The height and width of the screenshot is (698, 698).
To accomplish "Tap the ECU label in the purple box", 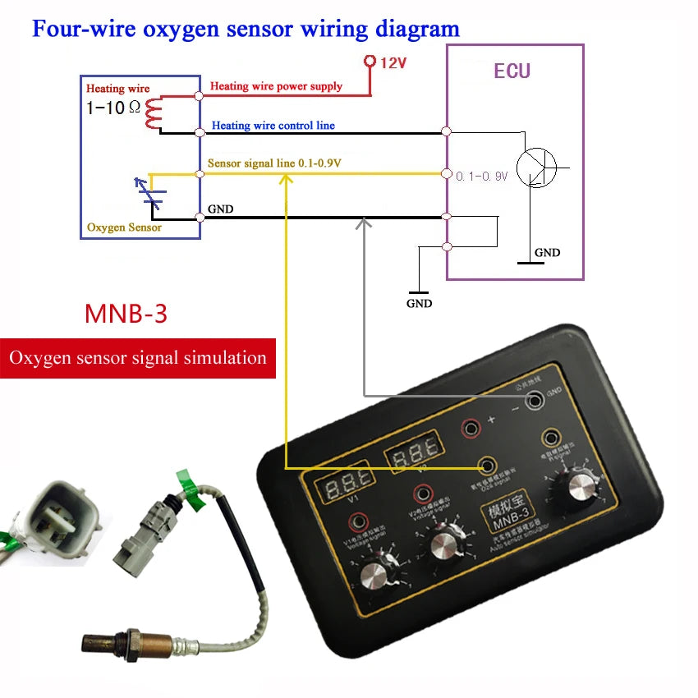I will point(512,71).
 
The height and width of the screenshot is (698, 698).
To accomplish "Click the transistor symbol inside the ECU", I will point(538,168).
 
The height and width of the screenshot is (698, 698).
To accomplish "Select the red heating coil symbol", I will point(152,113).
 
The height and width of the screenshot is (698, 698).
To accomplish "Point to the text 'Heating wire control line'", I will point(273,126).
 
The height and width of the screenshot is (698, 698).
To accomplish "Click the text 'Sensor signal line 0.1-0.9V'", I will point(274,163).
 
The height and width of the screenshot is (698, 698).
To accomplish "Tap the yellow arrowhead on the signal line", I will point(284,180).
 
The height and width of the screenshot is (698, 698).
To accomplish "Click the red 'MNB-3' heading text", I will point(126,314).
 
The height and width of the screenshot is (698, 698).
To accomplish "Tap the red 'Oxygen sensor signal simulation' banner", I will point(137,358).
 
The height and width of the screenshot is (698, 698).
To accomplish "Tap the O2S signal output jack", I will point(486,466).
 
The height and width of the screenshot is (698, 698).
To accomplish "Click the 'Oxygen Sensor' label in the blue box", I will point(124,227).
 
